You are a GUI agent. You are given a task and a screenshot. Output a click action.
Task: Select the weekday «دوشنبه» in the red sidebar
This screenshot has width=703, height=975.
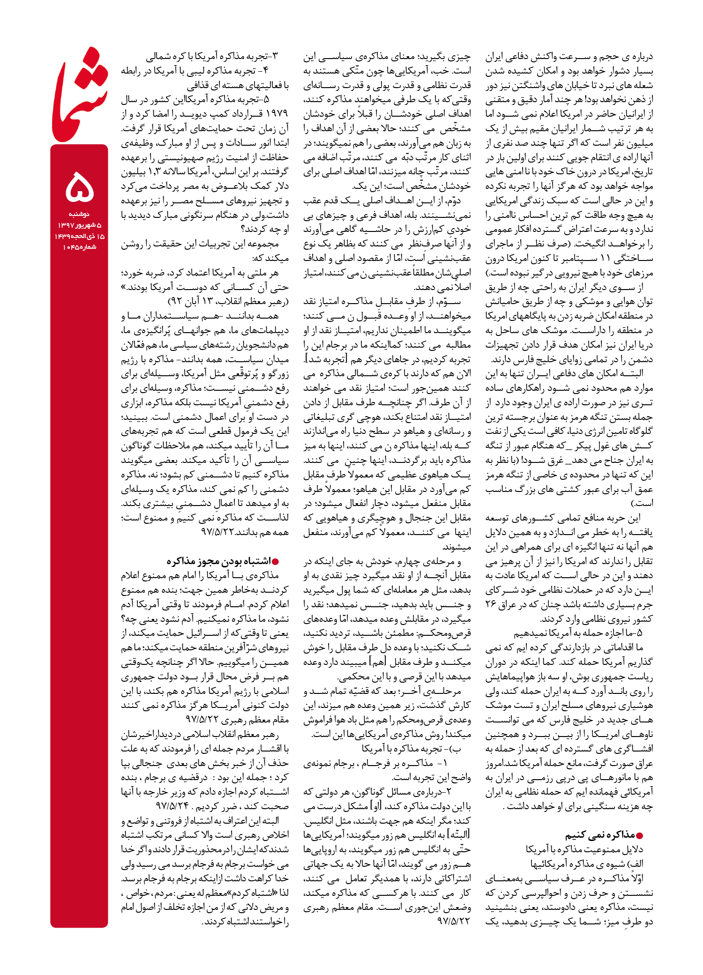(x=79, y=214)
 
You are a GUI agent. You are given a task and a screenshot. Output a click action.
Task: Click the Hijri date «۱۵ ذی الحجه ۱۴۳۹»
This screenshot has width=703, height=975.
(x=79, y=236)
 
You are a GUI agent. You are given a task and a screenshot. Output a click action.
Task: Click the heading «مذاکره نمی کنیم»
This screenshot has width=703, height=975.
(x=600, y=835)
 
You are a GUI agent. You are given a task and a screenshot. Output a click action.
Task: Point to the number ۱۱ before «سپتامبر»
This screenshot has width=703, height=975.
(x=605, y=258)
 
